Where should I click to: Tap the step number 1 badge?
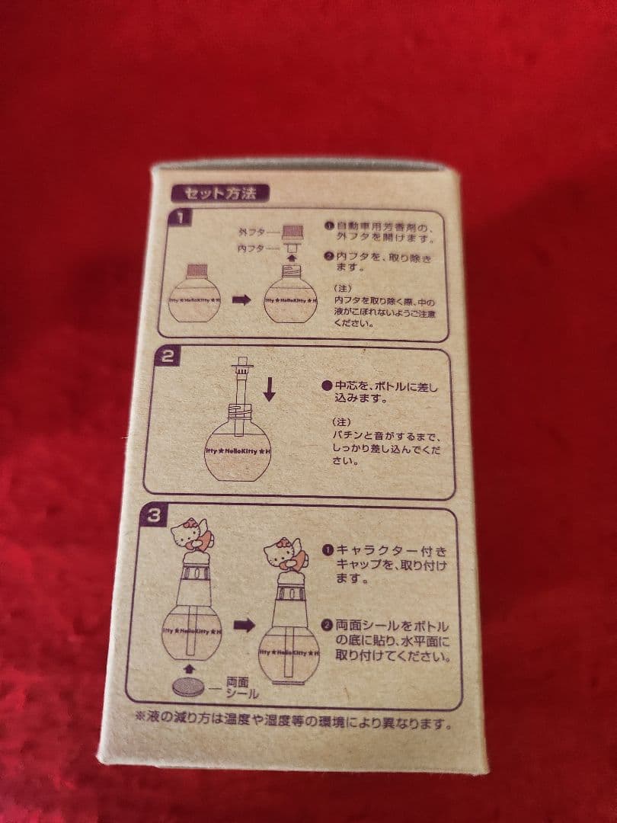(x=180, y=219)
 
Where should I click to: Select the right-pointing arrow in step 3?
(x=245, y=625)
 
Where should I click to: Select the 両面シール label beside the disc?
(x=242, y=689)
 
